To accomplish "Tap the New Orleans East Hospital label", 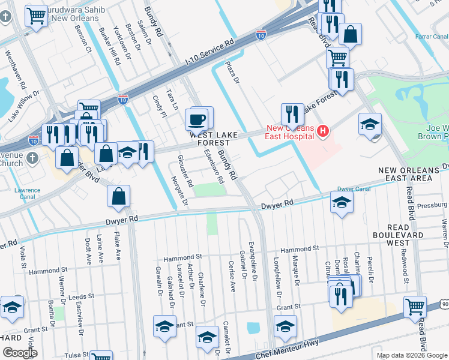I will coord(291,132).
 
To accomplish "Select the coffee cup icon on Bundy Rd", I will coord(197,120).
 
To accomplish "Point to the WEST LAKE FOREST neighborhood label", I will coord(211,139).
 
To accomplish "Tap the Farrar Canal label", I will coord(432,37).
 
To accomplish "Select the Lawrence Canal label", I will coord(28,194).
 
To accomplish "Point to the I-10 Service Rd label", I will coord(210,53).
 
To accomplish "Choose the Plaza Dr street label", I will coord(232,71).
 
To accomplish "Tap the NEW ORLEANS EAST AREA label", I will coord(406,175).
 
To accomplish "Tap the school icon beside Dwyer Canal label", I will coord(342,203).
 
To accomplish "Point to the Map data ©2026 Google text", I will coord(411,355).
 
